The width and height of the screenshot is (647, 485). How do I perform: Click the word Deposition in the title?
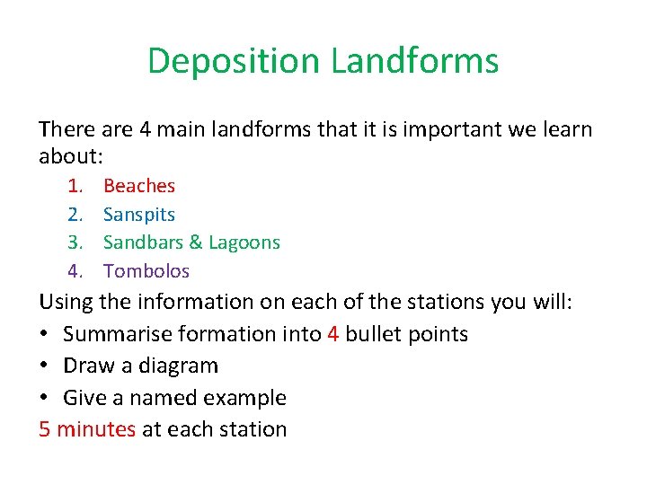[x=235, y=61]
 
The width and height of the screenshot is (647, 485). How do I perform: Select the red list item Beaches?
[x=139, y=186]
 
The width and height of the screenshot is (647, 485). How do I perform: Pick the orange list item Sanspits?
[x=139, y=215]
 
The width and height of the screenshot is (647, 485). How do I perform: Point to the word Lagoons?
[x=244, y=242]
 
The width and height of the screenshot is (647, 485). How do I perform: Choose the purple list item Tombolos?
[x=146, y=270]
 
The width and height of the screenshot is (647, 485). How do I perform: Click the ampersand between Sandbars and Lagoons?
[x=194, y=242]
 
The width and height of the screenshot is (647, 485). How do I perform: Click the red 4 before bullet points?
[x=333, y=334]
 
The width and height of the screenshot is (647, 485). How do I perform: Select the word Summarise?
[x=115, y=334]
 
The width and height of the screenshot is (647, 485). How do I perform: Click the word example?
[x=245, y=398]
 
